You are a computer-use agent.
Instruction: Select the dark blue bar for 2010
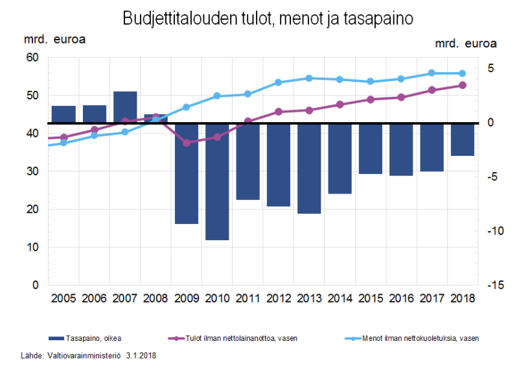pos(217,182)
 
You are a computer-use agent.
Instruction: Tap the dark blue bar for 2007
pos(125,107)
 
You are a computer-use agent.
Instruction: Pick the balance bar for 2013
pos(309,168)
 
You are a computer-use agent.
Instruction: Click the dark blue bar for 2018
pos(463,140)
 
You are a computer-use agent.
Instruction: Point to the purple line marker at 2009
pos(187,143)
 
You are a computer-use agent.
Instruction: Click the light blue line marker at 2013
pos(309,78)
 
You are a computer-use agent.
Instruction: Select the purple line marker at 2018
pos(463,85)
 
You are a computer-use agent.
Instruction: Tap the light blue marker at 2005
pos(63,143)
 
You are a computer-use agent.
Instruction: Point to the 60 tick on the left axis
pos(32,58)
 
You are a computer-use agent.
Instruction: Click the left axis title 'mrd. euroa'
pos(55,38)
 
